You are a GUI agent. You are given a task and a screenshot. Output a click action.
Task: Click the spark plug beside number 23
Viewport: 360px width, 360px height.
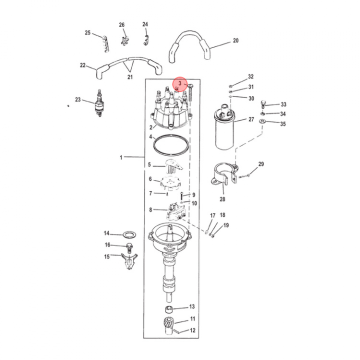(99, 103)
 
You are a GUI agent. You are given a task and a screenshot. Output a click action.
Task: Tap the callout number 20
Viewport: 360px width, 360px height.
(235, 40)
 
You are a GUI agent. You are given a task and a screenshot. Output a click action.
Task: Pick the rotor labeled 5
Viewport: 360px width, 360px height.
(174, 166)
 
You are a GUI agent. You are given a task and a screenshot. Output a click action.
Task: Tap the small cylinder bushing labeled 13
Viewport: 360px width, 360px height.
(169, 309)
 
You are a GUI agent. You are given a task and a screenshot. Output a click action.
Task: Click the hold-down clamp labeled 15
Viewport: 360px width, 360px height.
(129, 261)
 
